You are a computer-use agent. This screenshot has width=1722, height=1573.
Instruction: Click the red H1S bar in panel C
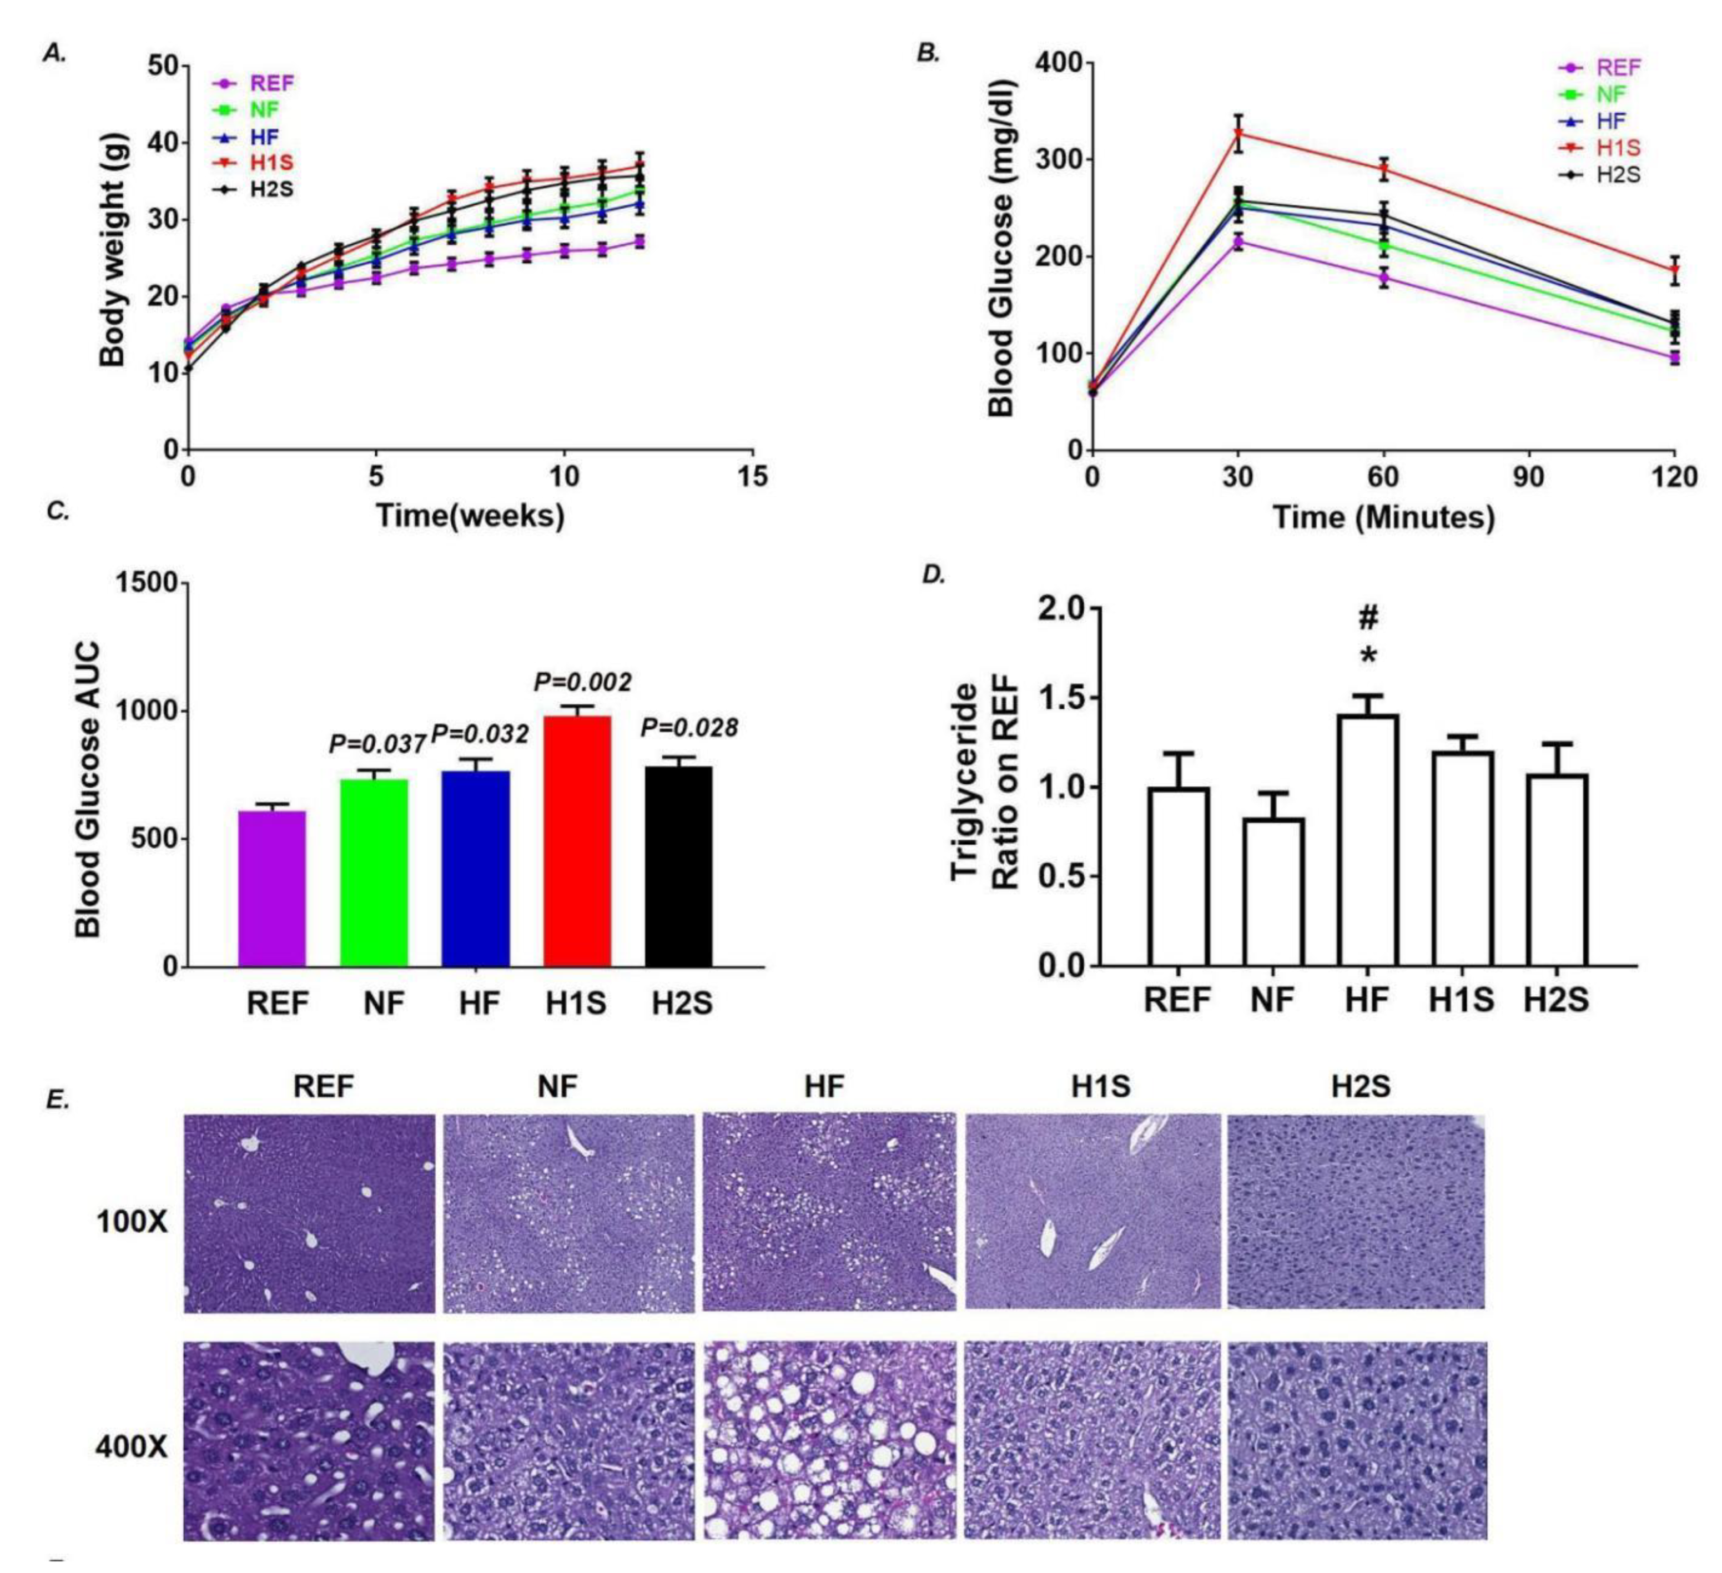pos(577,841)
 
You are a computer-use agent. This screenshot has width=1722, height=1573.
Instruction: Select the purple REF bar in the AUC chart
pos(271,888)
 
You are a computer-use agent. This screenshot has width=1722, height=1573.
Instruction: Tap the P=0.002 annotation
pos(582,682)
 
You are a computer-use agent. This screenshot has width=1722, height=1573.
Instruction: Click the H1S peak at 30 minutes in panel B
pos(1238,133)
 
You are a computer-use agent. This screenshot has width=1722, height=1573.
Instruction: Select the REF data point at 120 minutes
pos(1675,357)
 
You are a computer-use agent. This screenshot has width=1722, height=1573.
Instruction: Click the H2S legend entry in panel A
pos(254,189)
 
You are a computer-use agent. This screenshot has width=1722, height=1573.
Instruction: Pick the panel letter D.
pos(934,576)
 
